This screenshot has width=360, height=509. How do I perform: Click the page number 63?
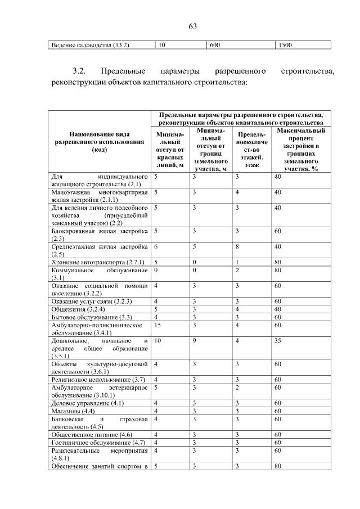pos(192,26)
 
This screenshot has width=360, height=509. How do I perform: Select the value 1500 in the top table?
pos(285,45)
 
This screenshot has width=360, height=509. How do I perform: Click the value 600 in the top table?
pos(214,45)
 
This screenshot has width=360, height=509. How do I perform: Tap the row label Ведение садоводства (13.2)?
pos(90,45)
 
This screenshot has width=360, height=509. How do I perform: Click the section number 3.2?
pos(78,72)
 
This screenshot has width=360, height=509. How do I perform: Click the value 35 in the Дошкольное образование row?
pos(278,341)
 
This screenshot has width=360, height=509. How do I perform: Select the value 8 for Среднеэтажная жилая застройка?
pos(238,246)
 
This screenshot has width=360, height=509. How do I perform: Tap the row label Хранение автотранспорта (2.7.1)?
pos(98,262)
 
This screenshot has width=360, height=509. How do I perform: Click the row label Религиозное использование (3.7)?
pos(98,380)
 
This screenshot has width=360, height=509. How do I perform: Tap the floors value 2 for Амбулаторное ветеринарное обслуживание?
pos(238,388)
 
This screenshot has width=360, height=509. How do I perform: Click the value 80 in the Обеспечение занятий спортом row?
pos(278,466)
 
